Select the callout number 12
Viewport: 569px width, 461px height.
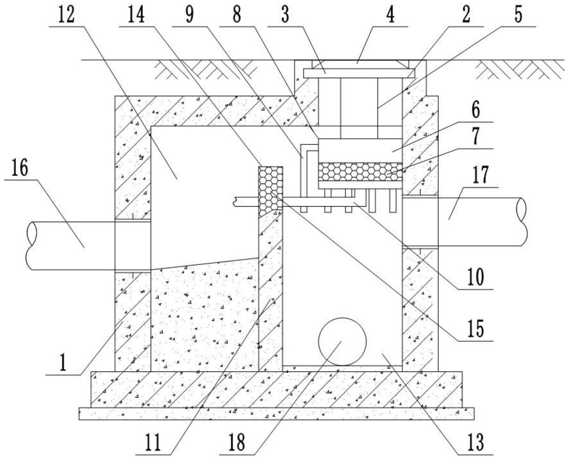click(x=66, y=15)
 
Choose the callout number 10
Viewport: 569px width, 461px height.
click(x=476, y=277)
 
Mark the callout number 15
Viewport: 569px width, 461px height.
click(x=476, y=329)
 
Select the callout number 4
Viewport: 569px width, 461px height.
click(x=391, y=15)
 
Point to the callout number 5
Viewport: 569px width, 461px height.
click(x=518, y=15)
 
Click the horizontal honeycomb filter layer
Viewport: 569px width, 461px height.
click(x=360, y=172)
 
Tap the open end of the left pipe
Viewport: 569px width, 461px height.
click(x=31, y=246)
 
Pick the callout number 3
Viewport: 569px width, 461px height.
click(x=285, y=15)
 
